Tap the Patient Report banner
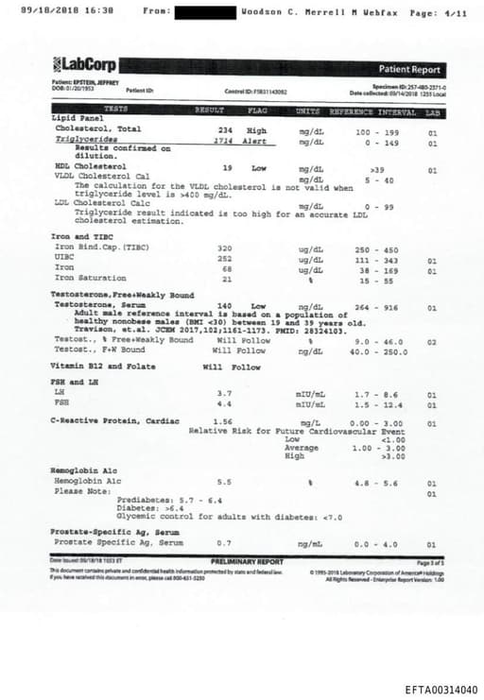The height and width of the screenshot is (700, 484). tap(409, 69)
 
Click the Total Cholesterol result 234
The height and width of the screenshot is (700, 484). tap(225, 129)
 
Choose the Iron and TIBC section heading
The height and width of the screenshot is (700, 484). tap(83, 236)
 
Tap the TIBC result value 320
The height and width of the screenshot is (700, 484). tap(224, 248)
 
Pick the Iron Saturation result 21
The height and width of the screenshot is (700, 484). tap(226, 279)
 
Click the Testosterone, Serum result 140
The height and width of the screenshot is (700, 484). tap(225, 307)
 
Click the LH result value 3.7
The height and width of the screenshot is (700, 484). tap(224, 392)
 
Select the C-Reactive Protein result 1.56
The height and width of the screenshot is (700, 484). tap(223, 421)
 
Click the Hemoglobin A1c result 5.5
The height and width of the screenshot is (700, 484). tap(224, 481)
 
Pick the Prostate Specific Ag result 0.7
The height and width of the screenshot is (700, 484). tap(223, 544)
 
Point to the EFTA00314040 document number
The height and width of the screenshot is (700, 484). tap(441, 690)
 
